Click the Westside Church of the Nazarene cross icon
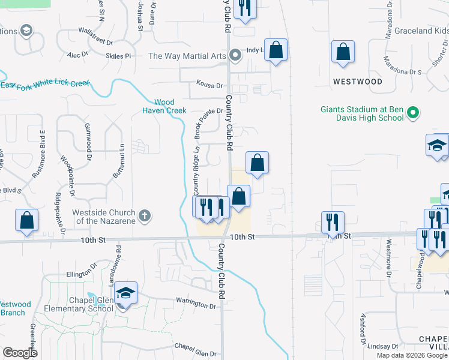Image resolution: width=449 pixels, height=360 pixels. tap(144, 215)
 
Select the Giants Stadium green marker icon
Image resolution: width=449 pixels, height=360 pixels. tap(412, 113)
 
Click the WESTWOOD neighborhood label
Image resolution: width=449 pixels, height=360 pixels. tap(358, 81)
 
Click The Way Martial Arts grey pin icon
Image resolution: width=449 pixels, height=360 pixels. tap(235, 56)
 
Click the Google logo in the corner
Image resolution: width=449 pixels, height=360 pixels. tap(20, 352)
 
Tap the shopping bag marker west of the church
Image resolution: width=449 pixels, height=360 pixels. tap(27, 220)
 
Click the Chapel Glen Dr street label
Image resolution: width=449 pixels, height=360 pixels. tap(194, 346)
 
